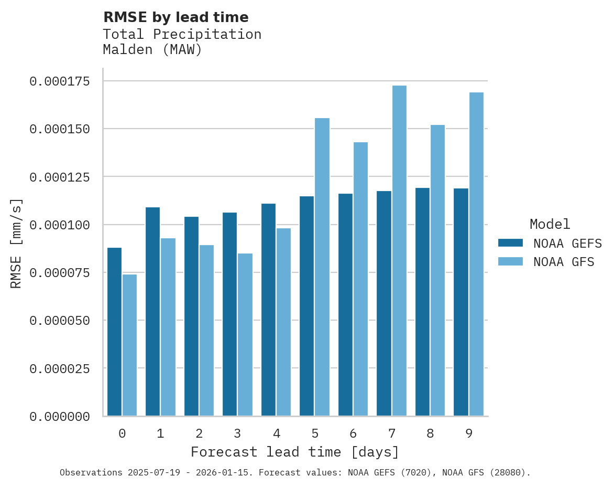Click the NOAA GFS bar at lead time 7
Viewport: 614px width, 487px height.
click(x=399, y=251)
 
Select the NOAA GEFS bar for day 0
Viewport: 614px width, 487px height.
click(x=114, y=332)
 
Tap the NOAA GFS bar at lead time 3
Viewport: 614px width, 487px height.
click(x=245, y=335)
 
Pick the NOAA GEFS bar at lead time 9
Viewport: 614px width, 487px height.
click(x=461, y=302)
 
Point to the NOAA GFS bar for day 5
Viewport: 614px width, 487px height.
click(x=322, y=267)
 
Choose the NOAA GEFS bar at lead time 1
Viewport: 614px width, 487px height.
click(x=152, y=312)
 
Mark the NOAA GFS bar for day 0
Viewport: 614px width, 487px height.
click(x=129, y=345)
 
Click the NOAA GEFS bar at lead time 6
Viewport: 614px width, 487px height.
click(x=345, y=305)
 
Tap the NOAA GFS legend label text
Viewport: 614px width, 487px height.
click(x=564, y=262)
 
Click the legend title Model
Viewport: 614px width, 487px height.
click(x=550, y=225)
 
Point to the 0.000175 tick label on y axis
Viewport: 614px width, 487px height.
click(x=59, y=81)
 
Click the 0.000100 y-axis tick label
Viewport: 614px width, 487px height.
click(x=59, y=225)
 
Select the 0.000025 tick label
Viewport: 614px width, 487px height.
click(x=59, y=369)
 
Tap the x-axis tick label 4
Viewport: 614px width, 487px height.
click(x=276, y=433)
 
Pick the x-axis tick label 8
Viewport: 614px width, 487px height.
click(x=430, y=433)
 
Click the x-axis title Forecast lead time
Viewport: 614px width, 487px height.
click(x=294, y=452)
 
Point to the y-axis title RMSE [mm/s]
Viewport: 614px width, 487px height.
click(x=16, y=243)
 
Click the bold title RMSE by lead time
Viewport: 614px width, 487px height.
click(x=176, y=17)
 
